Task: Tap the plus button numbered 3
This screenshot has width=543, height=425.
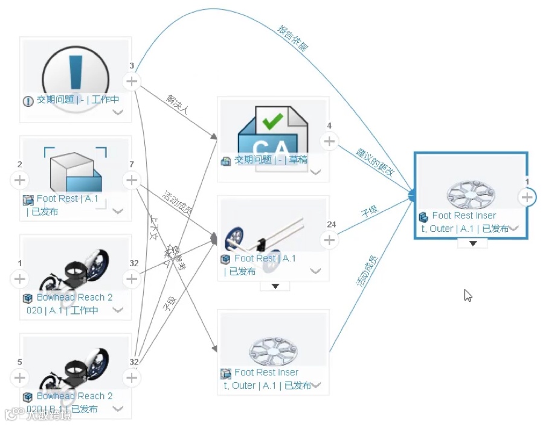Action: [x=132, y=81]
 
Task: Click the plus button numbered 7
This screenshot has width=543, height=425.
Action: [x=132, y=180]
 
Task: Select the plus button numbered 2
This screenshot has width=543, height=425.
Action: [x=20, y=180]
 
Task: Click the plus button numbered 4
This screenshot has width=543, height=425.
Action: [x=329, y=141]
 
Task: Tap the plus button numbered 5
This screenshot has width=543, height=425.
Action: [x=20, y=378]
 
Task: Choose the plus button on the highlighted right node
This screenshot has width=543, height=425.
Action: [x=527, y=197]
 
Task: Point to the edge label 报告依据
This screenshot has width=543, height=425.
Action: [x=292, y=39]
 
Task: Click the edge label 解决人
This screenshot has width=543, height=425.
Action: [x=178, y=103]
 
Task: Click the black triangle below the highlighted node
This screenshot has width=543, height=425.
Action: [x=474, y=243]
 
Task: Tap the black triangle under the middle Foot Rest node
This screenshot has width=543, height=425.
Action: [x=275, y=286]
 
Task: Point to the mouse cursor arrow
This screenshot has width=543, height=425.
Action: [x=468, y=296]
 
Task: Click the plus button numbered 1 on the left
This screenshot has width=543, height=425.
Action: [x=20, y=279]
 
